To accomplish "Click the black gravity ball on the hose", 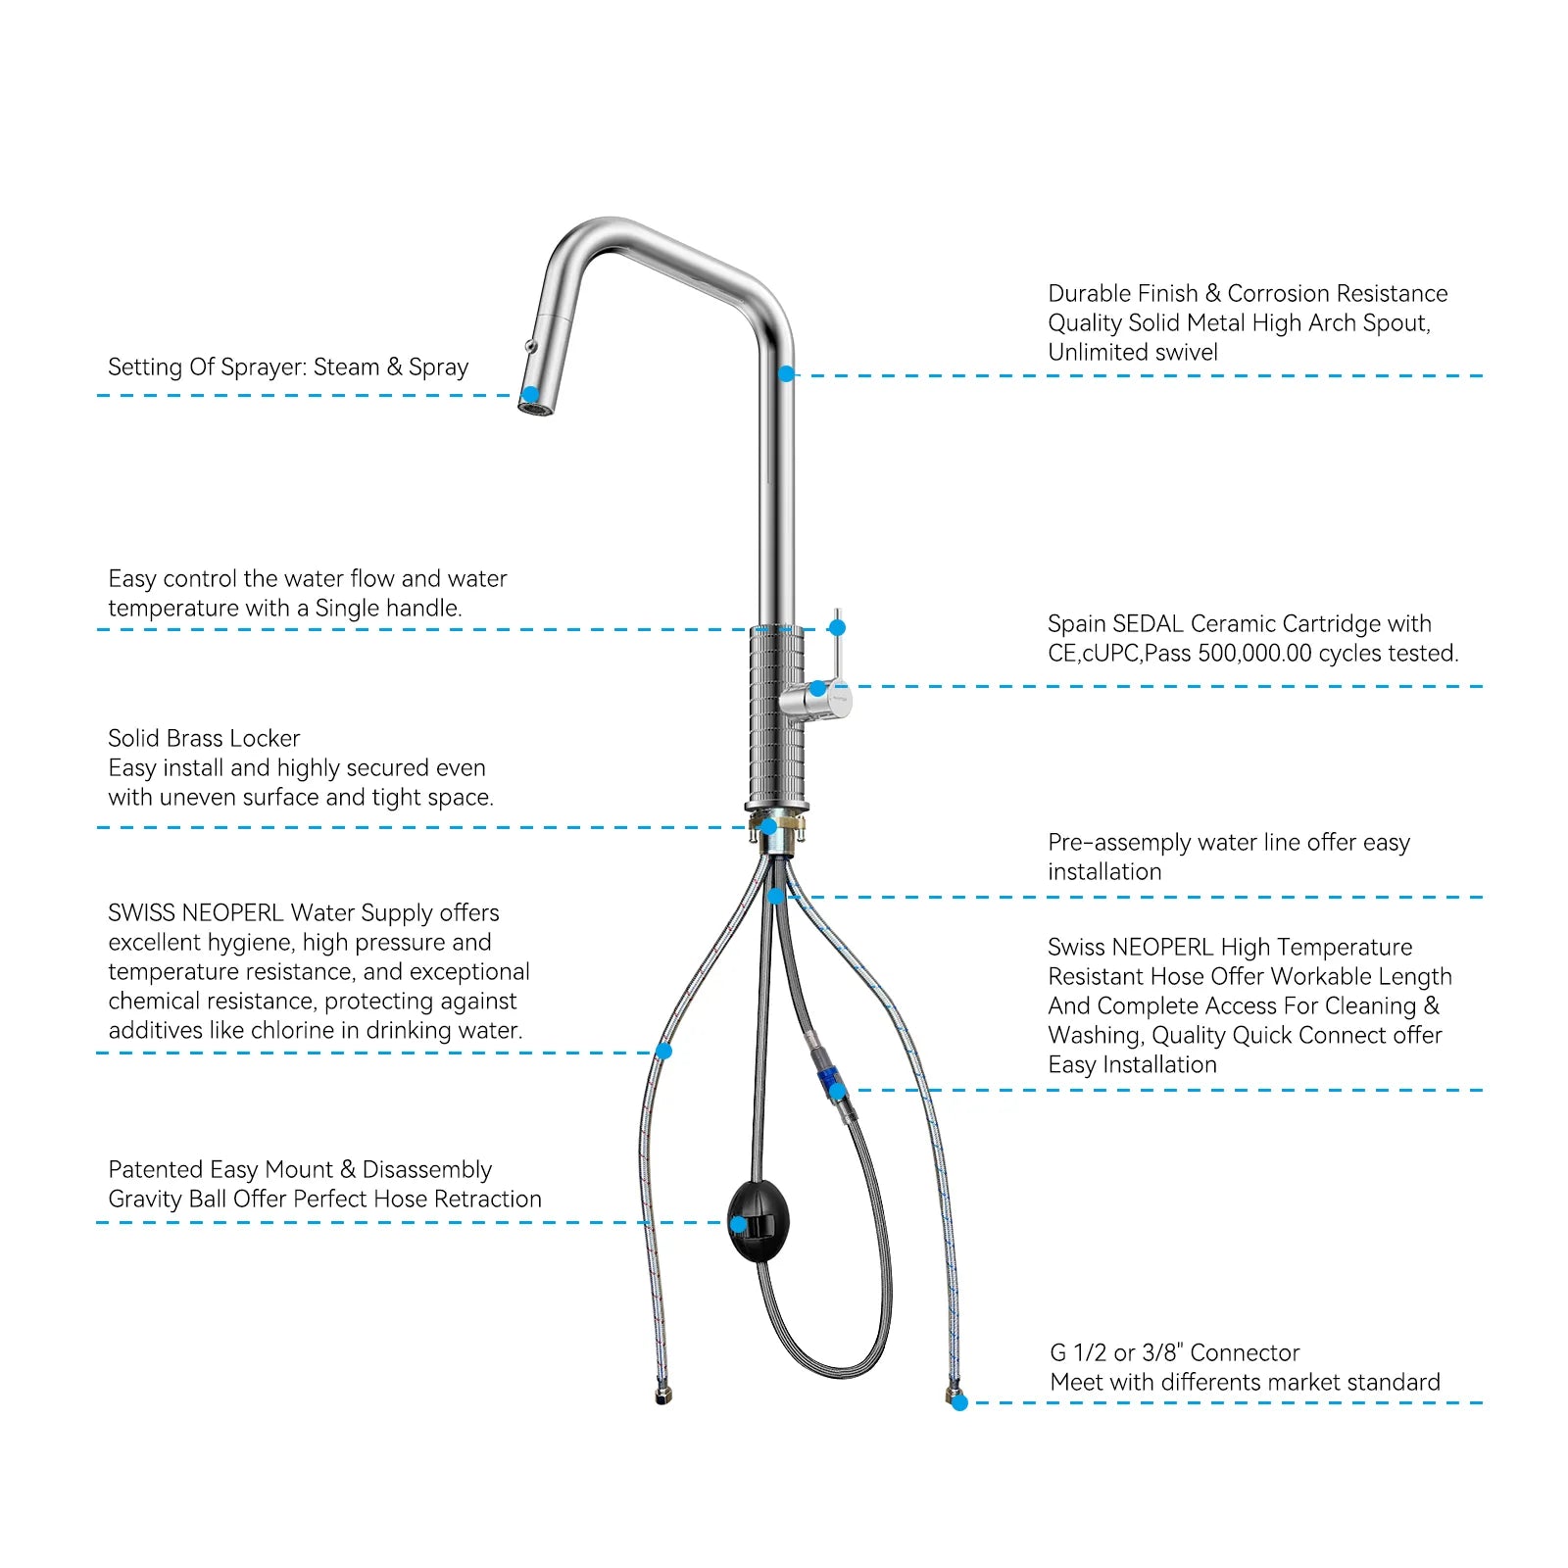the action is [759, 1221].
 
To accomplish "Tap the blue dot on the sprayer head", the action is [530, 395].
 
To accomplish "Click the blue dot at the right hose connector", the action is [960, 1402].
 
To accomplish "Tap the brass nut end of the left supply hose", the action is [662, 1395].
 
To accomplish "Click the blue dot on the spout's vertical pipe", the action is [786, 374].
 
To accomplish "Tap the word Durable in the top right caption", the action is [1086, 293].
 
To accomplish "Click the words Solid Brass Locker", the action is [204, 738].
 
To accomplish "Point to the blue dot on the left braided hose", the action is [663, 1052].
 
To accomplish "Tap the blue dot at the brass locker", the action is [769, 826].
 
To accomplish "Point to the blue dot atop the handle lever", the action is [837, 627].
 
